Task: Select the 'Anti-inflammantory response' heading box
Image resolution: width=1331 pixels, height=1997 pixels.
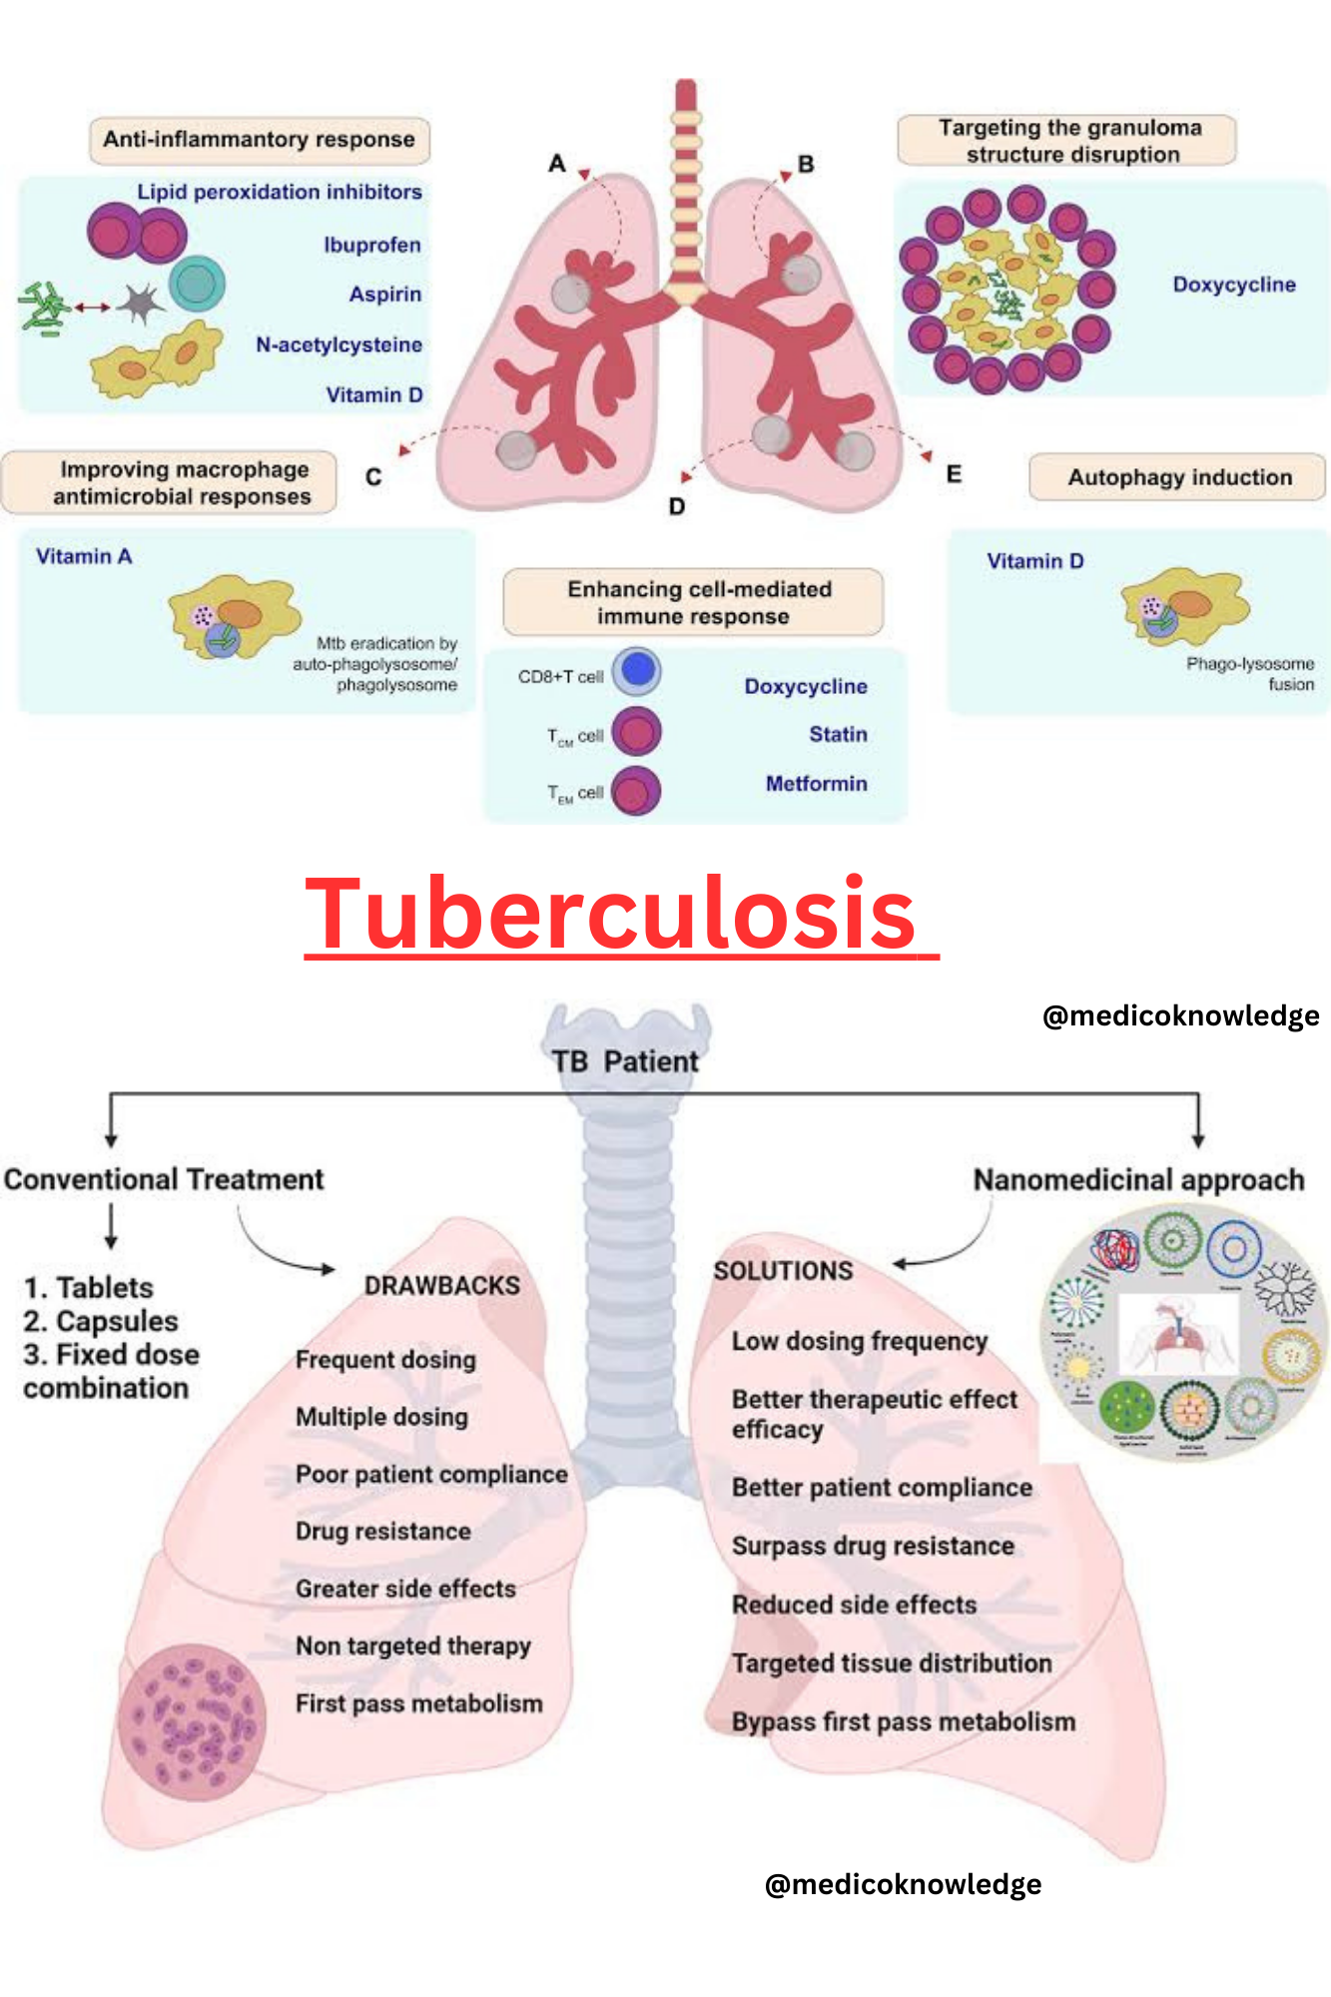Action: pos(259,140)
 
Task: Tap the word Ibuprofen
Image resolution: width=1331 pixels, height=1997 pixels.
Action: pos(371,245)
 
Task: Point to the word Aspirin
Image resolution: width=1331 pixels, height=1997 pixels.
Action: pos(384,295)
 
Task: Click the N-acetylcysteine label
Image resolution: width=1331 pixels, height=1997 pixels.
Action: pos(338,344)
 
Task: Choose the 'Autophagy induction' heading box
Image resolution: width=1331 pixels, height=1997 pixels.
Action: pos(1178,477)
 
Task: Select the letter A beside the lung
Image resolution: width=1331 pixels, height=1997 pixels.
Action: pos(557,163)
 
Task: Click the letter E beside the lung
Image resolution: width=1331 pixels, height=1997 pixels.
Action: pos(954,474)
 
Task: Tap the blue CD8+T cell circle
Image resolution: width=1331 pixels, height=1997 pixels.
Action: pos(636,671)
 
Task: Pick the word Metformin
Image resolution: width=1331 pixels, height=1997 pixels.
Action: pos(816,784)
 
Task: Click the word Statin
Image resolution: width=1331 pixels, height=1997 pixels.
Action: pos(838,735)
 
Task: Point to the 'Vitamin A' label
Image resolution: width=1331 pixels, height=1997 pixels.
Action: pos(84,556)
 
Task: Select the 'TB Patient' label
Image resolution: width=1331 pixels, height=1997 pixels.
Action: pos(625,1061)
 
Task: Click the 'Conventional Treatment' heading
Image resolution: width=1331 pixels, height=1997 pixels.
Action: pos(164,1179)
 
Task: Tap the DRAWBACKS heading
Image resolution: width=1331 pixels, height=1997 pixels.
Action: pos(441,1285)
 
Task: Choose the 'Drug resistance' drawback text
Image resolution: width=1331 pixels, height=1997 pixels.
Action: pos(382,1532)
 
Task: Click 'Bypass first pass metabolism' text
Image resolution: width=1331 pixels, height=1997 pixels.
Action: pos(904,1721)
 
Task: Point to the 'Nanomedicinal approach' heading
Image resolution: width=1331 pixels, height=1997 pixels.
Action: pos(1138,1180)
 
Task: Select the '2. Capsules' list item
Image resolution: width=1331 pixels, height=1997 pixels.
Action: pos(101,1321)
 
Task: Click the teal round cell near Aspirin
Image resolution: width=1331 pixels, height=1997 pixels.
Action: pos(197,284)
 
